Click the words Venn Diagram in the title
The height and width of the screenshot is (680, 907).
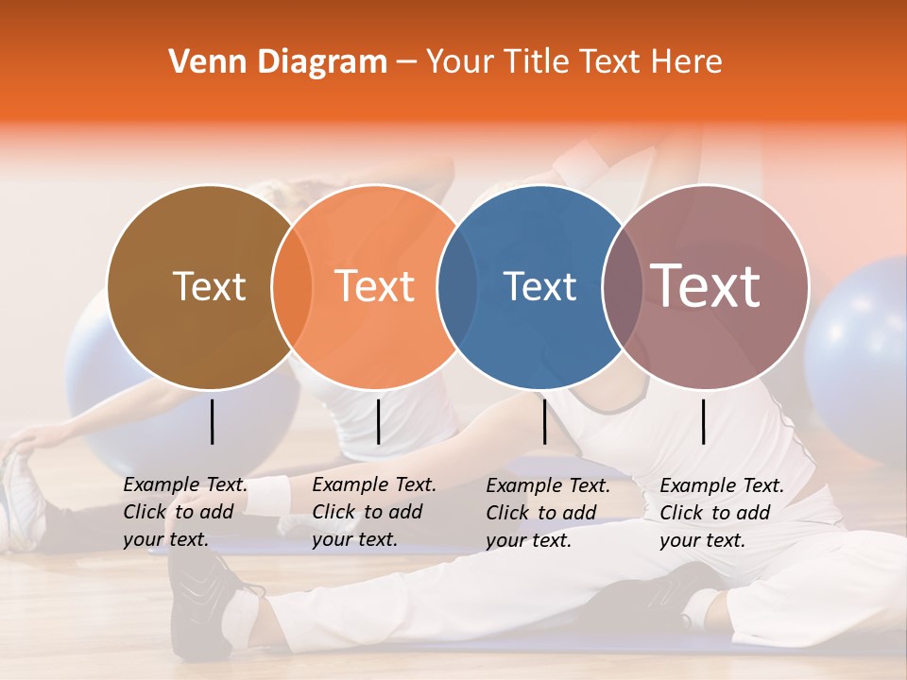(x=278, y=62)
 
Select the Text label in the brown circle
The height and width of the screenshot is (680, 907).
(x=209, y=286)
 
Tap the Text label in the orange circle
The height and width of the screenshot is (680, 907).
(x=375, y=286)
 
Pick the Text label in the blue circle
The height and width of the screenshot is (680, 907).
(x=539, y=286)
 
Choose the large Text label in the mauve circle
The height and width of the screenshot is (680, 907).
(x=706, y=285)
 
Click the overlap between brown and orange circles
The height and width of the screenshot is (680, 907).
(x=292, y=286)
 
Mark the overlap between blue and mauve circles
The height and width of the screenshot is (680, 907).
(x=623, y=286)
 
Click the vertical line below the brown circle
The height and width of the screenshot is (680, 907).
(x=213, y=421)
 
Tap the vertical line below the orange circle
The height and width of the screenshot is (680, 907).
(x=378, y=421)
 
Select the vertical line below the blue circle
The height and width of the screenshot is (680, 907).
(x=544, y=421)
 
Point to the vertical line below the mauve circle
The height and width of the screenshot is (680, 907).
(x=704, y=421)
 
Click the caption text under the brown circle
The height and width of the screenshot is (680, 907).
(x=185, y=513)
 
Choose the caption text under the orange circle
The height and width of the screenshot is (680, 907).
(x=374, y=513)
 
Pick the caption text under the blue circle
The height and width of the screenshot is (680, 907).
(x=548, y=513)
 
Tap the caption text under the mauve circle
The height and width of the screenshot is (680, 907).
(x=722, y=513)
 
